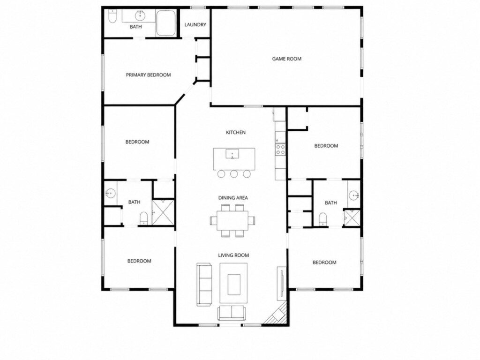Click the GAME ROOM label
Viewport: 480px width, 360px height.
click(287, 59)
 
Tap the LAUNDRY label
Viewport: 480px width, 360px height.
click(195, 24)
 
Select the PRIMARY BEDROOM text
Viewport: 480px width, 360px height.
click(149, 75)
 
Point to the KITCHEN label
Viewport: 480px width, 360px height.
click(236, 132)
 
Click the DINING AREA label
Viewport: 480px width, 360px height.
click(233, 198)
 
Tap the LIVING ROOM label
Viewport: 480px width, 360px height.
click(233, 255)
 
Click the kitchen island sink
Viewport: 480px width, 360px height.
click(232, 154)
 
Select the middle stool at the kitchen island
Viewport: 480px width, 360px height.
click(234, 174)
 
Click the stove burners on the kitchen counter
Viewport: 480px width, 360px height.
click(280, 149)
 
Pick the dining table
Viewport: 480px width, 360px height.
click(233, 220)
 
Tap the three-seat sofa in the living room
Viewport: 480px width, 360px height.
click(204, 284)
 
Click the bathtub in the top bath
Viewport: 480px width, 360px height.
click(166, 22)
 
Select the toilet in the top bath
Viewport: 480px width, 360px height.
click(112, 16)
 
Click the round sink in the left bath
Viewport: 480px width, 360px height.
click(110, 193)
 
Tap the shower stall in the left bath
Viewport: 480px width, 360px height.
click(163, 212)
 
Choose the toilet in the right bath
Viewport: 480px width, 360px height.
click(322, 219)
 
